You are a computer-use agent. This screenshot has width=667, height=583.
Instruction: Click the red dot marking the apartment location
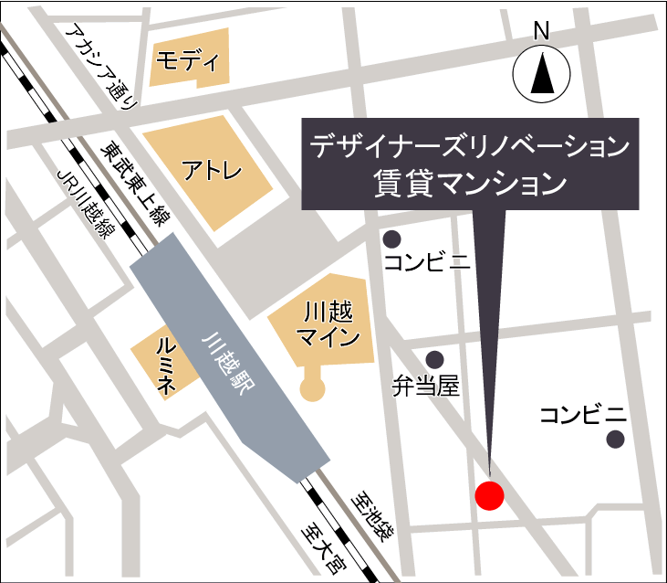pyautogui.click(x=490, y=495)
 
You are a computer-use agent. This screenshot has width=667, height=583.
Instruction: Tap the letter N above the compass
pyautogui.click(x=541, y=31)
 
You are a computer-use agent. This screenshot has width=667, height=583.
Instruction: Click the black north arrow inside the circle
pyautogui.click(x=541, y=74)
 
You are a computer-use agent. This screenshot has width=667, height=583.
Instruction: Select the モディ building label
pyautogui.click(x=188, y=62)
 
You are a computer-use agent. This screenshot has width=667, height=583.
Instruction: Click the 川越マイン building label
pyautogui.click(x=324, y=324)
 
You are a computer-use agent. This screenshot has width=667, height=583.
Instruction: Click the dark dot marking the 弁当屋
pyautogui.click(x=435, y=359)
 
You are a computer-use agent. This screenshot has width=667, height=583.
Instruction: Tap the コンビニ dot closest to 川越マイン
pyautogui.click(x=392, y=239)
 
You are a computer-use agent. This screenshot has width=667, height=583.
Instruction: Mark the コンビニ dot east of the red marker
pyautogui.click(x=616, y=439)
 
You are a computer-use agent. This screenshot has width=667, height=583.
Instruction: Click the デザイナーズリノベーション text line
pyautogui.click(x=470, y=144)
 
